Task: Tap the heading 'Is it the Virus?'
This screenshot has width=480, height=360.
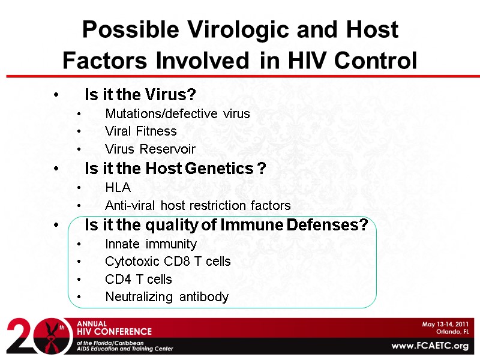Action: click(x=140, y=95)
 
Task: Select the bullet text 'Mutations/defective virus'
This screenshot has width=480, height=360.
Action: click(x=177, y=113)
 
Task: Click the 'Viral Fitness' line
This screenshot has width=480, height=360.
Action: click(x=140, y=131)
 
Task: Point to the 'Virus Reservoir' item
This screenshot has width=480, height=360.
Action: click(x=150, y=149)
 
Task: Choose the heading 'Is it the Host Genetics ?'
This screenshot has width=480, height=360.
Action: click(x=175, y=169)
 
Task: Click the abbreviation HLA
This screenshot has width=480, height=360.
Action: click(x=118, y=188)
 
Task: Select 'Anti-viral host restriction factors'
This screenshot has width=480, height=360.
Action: click(x=197, y=206)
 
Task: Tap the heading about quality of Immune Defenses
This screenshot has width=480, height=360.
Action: click(x=226, y=225)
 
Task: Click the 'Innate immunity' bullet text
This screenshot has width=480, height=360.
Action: click(x=151, y=244)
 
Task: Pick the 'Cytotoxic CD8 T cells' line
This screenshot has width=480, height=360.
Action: click(x=167, y=262)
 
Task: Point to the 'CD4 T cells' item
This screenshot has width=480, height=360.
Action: click(x=138, y=280)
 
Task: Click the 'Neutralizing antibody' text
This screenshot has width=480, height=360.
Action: click(x=167, y=297)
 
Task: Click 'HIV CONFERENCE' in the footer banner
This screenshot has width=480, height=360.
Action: click(x=114, y=331)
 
